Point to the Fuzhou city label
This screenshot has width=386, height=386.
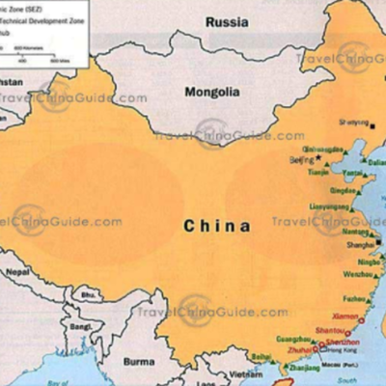click(x=356, y=298)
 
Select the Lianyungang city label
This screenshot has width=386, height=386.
click(x=330, y=207)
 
